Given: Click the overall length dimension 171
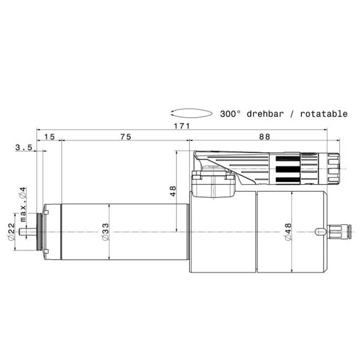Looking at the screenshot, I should [182, 126].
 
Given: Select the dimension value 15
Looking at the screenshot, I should [49, 137].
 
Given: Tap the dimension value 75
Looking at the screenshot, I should [125, 137].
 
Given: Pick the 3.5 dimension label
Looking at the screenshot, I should [23, 147].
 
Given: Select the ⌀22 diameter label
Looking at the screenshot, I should [11, 232].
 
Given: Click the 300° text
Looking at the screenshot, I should [231, 114].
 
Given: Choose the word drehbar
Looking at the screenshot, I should [265, 114].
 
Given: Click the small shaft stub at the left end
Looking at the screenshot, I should [31, 232].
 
